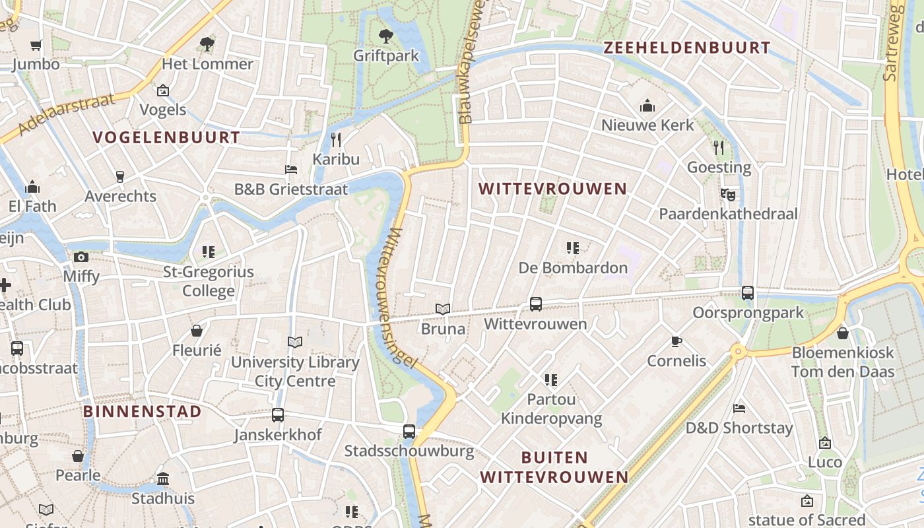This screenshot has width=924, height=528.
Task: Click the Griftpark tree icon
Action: point(386,36)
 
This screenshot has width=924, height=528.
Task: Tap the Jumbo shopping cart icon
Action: point(36,45)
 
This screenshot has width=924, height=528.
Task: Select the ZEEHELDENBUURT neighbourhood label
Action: point(686,48)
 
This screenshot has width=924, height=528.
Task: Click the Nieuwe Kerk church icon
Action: point(647,106)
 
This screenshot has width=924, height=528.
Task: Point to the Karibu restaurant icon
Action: point(336,139)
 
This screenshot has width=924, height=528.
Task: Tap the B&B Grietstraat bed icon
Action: point(291,170)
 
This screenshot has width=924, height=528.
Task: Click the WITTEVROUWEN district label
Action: point(552,189)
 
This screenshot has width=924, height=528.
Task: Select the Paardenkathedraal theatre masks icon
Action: point(728,194)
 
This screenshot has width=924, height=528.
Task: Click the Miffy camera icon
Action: point(81,257)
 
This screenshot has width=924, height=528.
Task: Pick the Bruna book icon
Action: point(443,309)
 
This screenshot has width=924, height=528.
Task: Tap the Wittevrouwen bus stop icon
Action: point(536,304)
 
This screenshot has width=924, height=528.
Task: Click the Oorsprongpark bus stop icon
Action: point(748,292)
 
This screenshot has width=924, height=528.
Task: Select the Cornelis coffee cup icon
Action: point(676,341)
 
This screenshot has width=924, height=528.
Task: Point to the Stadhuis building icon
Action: point(163,478)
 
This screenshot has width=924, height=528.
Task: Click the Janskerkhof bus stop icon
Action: point(278,415)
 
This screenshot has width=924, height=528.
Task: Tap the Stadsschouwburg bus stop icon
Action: point(409,432)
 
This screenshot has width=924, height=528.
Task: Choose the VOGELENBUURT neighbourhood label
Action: point(166,137)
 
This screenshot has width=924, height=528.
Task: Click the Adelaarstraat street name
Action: point(66,114)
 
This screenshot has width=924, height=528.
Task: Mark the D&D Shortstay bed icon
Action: point(739,409)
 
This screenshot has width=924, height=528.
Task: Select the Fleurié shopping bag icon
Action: point(197,331)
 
